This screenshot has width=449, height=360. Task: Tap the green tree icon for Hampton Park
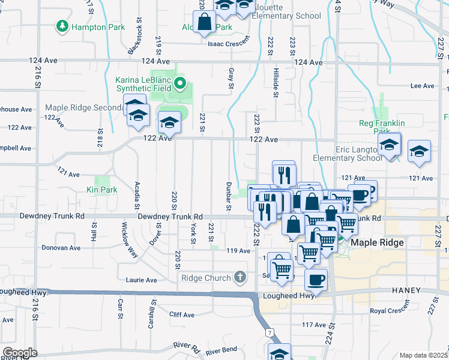click(62, 26)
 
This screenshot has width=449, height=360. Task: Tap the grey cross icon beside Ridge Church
click(240, 277)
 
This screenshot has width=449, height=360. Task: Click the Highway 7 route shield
click(270, 332)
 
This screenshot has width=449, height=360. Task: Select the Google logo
click(20, 352)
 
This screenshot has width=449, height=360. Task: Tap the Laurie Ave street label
click(141, 280)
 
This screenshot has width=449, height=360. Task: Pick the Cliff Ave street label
click(181, 314)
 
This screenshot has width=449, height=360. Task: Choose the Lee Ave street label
click(421, 86)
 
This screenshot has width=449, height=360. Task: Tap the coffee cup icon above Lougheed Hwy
click(316, 279)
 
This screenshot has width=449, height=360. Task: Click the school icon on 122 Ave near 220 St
click(169, 123)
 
